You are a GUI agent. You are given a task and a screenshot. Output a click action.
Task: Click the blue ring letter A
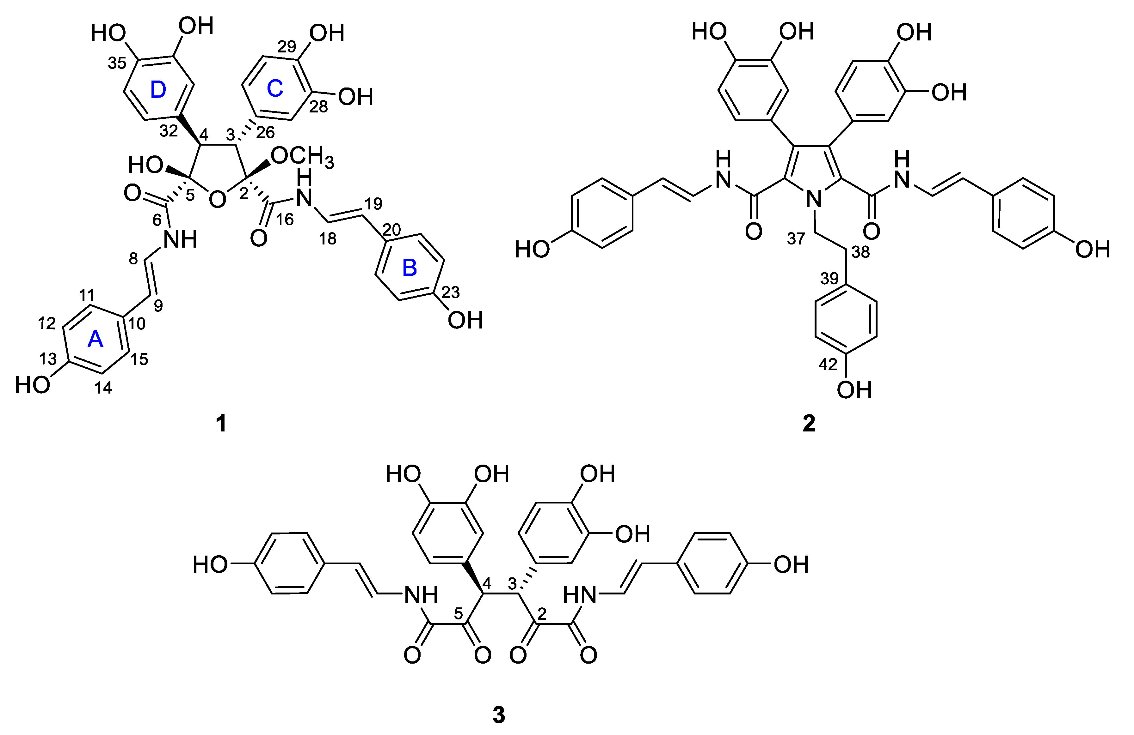[x=95, y=340]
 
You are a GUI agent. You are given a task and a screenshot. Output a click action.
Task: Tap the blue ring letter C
[x=275, y=89]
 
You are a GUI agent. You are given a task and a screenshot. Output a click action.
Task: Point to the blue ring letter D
[x=158, y=90]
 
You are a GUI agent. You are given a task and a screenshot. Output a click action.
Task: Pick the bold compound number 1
[x=221, y=423]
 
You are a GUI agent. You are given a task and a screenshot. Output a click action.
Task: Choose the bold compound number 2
[x=809, y=423]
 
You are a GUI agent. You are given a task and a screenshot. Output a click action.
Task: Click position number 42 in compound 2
[x=828, y=364]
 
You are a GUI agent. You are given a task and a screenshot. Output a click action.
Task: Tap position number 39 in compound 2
[x=829, y=278]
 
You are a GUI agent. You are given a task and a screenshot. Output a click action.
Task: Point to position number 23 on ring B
[x=450, y=292]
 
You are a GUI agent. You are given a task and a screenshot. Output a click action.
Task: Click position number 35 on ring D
[x=117, y=63]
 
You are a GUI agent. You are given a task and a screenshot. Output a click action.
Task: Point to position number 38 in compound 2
[x=860, y=252]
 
